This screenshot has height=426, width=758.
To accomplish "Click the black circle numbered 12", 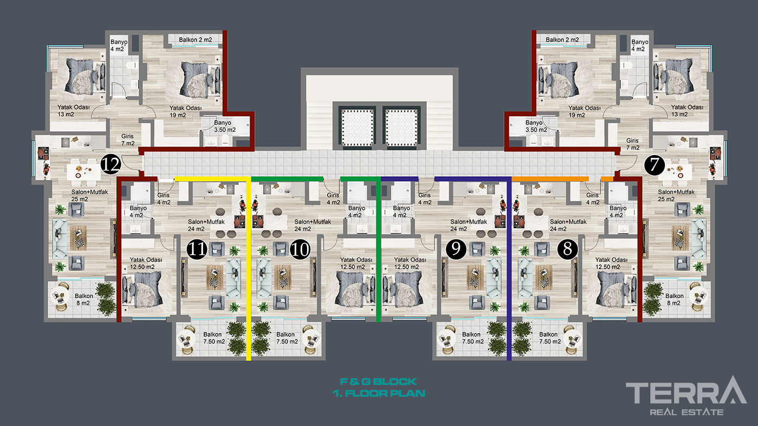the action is (110, 164).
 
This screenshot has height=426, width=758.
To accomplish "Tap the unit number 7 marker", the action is (655, 165).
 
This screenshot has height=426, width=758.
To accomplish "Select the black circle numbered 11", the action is (197, 249).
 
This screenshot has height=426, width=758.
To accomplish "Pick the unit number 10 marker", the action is (300, 249).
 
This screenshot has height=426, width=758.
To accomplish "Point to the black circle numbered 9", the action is (456, 249).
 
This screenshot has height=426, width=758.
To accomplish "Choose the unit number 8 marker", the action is (567, 249).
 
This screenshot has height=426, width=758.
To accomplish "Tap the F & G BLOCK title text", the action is (378, 382).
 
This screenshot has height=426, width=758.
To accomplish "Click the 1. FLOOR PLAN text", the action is (378, 394).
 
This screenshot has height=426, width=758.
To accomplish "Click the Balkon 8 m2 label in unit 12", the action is (83, 299).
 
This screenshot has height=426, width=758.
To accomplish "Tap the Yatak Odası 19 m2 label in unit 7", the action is (584, 111).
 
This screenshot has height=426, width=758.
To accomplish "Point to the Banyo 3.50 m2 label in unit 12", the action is (225, 127).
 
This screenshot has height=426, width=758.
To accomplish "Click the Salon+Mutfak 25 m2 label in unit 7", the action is (676, 196).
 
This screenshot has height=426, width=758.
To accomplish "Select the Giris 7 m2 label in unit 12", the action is (128, 140).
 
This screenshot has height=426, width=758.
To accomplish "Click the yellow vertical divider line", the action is (249, 269).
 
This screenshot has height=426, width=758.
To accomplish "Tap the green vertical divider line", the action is (378, 249).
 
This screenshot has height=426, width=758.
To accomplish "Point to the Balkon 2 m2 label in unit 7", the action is (562, 39).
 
